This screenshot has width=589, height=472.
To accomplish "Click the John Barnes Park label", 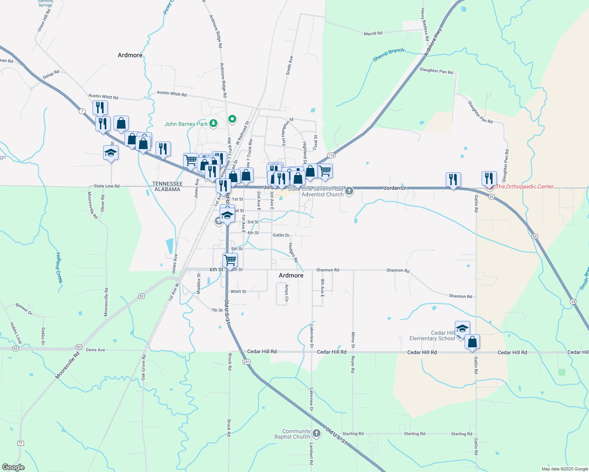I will (x=186, y=124).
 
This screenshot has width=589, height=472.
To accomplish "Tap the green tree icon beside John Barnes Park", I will (x=213, y=124).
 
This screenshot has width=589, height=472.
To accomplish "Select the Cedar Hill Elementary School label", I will (x=432, y=336).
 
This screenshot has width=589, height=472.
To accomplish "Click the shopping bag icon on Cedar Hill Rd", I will (x=472, y=342).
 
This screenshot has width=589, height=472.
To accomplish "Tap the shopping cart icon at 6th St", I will (x=230, y=260).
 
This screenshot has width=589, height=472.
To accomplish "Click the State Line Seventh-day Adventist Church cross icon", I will (x=349, y=192).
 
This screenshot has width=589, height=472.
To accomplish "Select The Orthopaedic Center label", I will (x=525, y=186).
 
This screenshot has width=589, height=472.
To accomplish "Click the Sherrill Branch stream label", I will (x=388, y=55).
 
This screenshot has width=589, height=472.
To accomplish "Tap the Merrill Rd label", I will (x=373, y=33).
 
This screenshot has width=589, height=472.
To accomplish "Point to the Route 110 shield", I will (x=331, y=155).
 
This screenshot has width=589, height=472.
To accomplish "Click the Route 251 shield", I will (x=246, y=362).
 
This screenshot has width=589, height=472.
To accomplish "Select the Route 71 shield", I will (x=20, y=443).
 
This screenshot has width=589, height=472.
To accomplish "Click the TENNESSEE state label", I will (x=167, y=184).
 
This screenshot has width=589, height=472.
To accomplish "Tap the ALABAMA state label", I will (x=167, y=189).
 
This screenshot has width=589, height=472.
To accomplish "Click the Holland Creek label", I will (x=59, y=267).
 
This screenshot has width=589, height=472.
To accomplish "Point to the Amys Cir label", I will (x=287, y=293).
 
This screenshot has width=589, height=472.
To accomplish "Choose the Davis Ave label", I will (x=95, y=350).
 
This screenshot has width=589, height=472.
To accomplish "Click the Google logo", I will (x=13, y=467).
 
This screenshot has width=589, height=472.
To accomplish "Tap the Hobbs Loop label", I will (x=16, y=333).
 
